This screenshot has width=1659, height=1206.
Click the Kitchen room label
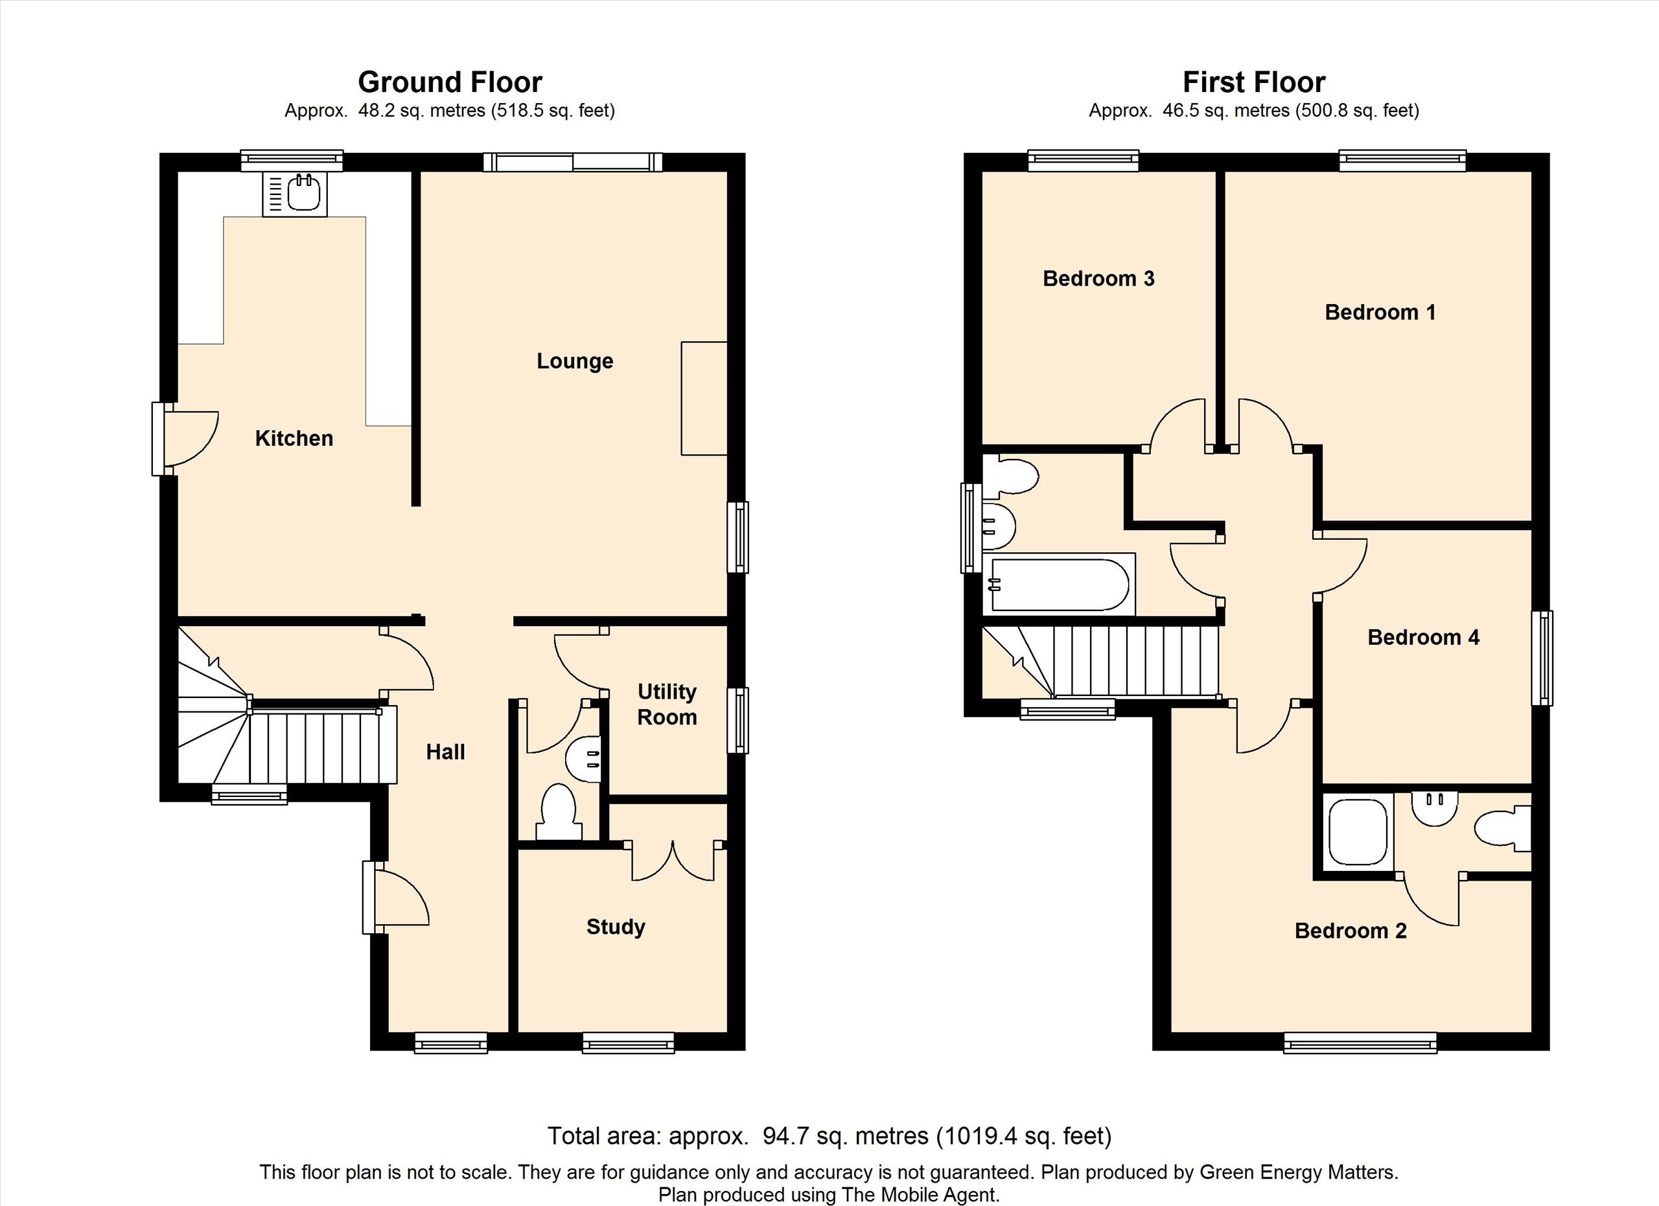point(294,438)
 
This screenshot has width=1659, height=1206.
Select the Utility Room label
point(666,704)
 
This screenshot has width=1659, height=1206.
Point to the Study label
point(616,927)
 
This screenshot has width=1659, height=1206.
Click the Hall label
point(445,752)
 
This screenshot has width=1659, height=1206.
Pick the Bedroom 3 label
point(1098,279)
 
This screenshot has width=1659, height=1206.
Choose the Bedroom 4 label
point(1424,638)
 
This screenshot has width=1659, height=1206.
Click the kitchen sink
point(295,194)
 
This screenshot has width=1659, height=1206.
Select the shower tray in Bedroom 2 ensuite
point(1358,833)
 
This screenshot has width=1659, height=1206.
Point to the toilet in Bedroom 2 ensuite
point(1502,829)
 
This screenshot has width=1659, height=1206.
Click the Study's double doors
point(672,863)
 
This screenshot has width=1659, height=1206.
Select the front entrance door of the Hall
point(396,898)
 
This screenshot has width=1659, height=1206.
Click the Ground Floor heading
point(450,82)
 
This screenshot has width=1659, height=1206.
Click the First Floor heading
point(1254,82)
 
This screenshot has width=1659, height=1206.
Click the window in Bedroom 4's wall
point(1542,658)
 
